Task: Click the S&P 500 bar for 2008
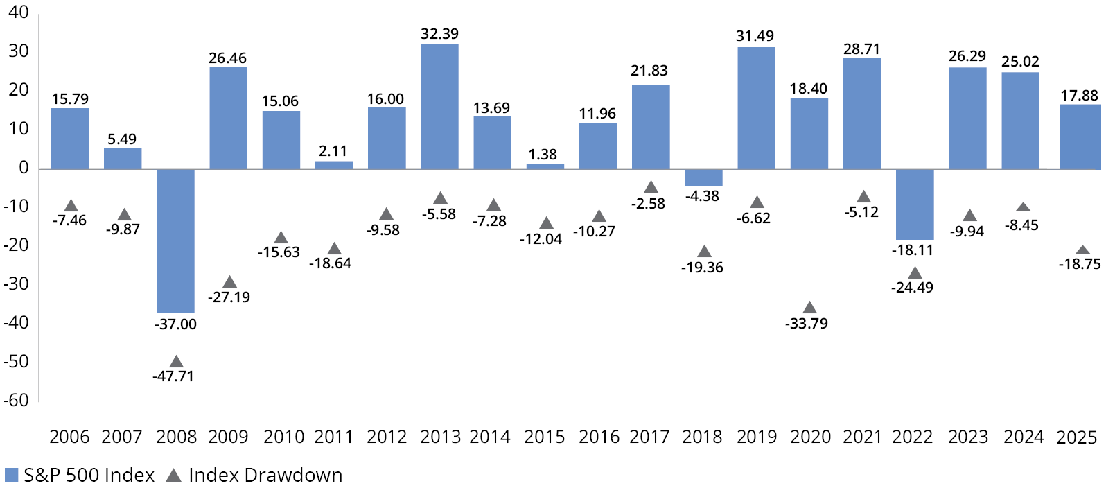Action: click(x=175, y=241)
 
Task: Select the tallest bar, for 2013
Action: click(x=439, y=106)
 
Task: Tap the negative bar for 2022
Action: click(x=915, y=204)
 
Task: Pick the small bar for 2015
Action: click(x=545, y=166)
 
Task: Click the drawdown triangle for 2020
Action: click(x=809, y=308)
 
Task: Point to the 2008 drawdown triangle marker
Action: click(x=176, y=362)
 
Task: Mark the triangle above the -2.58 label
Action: click(x=651, y=187)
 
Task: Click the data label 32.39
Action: click(x=439, y=34)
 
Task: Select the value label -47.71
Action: click(x=173, y=376)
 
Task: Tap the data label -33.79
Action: click(x=807, y=324)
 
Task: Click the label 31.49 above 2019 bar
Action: click(x=755, y=36)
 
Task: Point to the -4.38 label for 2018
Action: click(x=702, y=196)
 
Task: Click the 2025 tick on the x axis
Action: click(x=1076, y=437)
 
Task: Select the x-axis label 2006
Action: click(x=69, y=437)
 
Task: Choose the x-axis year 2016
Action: click(x=599, y=437)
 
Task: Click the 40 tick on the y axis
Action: click(x=19, y=12)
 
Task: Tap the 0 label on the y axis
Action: click(x=24, y=168)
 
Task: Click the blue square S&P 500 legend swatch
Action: click(x=11, y=475)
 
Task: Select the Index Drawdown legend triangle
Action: click(x=174, y=475)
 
